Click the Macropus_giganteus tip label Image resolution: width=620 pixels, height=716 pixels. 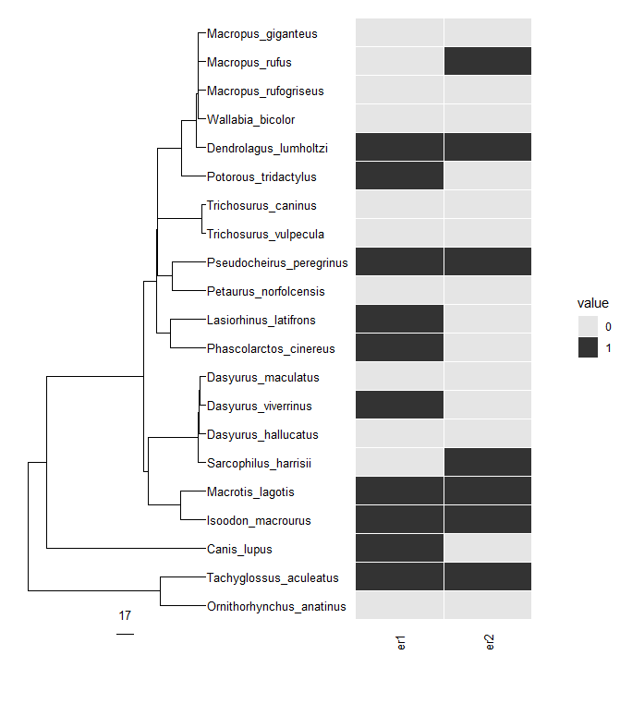pos(261,34)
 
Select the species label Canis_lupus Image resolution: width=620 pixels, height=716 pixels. pos(239,550)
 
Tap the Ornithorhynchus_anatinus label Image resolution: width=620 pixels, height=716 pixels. pos(276,607)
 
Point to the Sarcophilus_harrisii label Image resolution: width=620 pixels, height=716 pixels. pos(259,463)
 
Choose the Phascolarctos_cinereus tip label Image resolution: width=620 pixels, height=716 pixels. pos(271,349)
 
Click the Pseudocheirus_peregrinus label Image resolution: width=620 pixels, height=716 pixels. pos(277,263)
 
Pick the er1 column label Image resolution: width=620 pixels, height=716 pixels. pos(402,642)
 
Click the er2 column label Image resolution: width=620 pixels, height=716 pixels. pos(490,642)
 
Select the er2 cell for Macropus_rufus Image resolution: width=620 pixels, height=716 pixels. pos(487,62)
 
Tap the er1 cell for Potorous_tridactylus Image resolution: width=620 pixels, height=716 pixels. pos(399,176)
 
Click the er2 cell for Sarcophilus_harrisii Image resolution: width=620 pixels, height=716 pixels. pos(487,463)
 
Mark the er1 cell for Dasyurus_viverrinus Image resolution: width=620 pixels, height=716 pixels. pos(399,406)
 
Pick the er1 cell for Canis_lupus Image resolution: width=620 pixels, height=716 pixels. pos(399,549)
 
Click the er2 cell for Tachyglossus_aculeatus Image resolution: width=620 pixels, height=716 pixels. pos(487,577)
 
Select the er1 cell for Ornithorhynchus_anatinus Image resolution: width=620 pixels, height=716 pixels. pos(399,606)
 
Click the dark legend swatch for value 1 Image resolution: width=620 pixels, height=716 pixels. pos(588,346)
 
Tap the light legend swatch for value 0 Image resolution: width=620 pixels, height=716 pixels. pos(588,326)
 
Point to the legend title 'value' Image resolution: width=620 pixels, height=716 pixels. pos(592,303)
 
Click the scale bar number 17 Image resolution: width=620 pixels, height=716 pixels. pos(126,616)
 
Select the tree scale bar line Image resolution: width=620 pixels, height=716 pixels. pos(126,634)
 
